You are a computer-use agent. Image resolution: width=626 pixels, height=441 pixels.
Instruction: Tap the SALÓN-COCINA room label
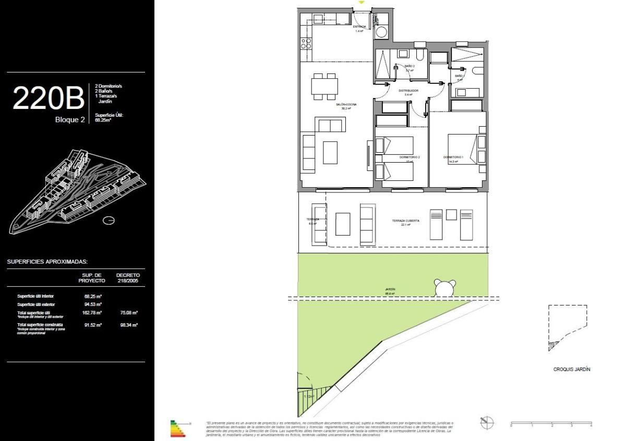(343, 106)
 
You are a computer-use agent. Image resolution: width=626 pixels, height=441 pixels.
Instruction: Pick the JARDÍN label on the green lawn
(390, 290)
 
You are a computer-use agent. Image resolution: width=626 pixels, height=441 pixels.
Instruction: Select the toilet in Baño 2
(420, 56)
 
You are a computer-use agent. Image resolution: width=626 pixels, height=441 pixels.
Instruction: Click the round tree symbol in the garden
(445, 288)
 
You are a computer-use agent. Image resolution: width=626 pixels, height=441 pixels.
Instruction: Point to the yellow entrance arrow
(360, 3)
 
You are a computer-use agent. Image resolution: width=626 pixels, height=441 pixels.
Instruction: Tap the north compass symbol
(486, 422)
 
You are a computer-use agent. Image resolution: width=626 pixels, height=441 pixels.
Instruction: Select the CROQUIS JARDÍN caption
(572, 369)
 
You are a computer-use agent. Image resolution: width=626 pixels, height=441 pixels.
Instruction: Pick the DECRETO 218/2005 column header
(128, 277)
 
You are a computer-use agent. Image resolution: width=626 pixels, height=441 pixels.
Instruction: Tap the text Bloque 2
(70, 119)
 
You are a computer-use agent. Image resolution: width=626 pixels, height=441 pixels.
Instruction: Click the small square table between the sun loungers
(451, 214)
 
